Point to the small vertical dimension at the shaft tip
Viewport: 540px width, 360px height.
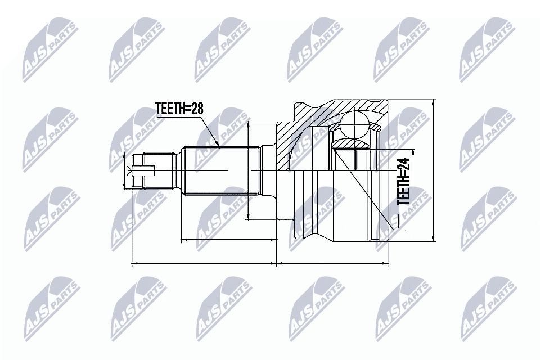125,170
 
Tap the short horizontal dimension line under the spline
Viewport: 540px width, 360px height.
229,240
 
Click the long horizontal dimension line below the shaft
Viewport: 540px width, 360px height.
204,263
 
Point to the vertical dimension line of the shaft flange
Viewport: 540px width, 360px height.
248,170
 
